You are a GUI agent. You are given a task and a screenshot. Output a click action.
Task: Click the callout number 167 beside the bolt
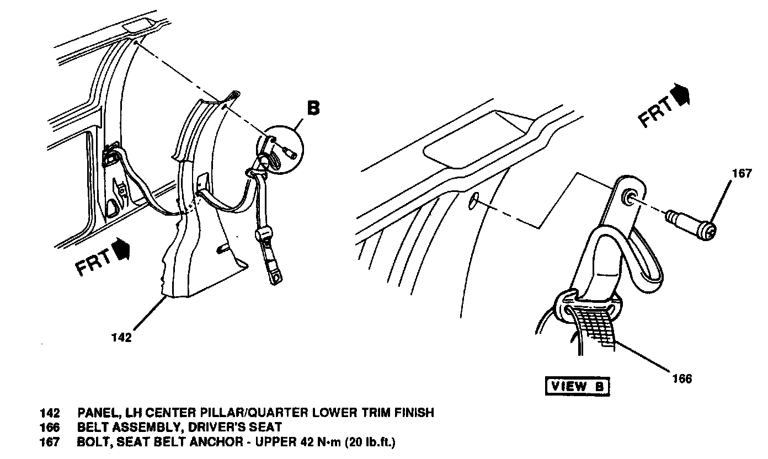click(741, 174)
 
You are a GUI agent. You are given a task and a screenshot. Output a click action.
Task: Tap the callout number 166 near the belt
click(682, 378)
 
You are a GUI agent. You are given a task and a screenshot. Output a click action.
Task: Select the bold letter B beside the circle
click(313, 108)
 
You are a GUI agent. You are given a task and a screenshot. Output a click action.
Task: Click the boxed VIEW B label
click(577, 386)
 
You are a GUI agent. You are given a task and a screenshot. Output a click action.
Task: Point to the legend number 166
click(50, 427)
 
